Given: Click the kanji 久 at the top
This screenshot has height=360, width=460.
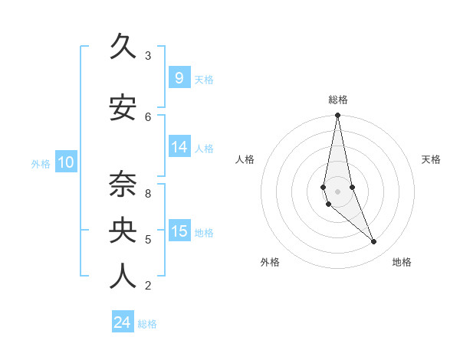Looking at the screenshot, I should point(123,47).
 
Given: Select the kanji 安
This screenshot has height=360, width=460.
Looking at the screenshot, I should point(123,108).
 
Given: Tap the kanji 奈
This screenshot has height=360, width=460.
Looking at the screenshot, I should point(123,185).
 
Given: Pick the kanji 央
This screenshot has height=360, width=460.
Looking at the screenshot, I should point(123,231).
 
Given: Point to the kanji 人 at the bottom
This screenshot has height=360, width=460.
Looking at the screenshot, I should point(123,277).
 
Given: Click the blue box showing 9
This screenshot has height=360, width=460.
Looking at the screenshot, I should point(179,78).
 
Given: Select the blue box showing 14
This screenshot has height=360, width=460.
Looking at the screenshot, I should point(179,147).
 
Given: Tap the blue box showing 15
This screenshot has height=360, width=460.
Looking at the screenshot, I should point(179,231).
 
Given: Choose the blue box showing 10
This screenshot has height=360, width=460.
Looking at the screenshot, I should point(65,162).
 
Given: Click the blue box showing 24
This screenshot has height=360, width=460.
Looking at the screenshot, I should point(122,322).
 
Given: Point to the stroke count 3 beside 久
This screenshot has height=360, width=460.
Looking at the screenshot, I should point(148,56).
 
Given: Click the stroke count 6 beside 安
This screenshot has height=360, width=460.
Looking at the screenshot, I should point(148,116).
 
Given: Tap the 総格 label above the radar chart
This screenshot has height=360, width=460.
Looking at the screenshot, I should point(338,100).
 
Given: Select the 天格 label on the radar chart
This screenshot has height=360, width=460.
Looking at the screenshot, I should point(432,159).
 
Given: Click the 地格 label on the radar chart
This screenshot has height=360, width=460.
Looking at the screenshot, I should point(402,262).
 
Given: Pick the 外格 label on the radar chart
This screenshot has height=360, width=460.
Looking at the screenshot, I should point(270,262).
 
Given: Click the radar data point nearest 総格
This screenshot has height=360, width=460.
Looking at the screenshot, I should point(337,116).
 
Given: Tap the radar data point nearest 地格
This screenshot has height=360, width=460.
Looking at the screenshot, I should point(374,242).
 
